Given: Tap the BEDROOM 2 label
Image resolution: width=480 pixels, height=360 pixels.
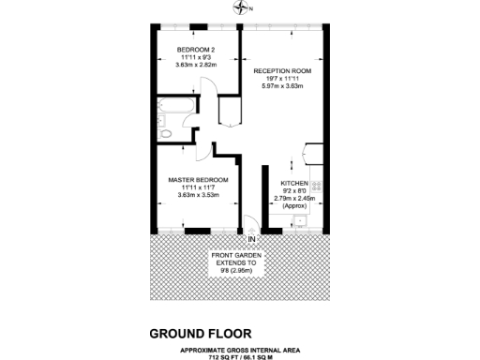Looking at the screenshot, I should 197,49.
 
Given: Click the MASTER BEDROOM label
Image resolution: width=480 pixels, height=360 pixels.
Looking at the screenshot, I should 198,179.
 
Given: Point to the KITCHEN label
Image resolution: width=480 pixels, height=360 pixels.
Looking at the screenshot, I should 295,183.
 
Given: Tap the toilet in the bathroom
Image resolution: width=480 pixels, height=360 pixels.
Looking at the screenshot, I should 166,134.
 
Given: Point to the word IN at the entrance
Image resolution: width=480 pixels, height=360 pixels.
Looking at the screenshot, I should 250,239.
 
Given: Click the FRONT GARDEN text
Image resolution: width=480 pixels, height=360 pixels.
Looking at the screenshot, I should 235,255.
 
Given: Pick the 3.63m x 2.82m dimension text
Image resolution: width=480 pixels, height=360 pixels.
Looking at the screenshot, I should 197,66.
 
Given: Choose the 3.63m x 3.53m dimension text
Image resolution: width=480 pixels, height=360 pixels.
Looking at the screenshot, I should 198,195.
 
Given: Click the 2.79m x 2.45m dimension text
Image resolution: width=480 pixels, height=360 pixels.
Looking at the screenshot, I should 295,199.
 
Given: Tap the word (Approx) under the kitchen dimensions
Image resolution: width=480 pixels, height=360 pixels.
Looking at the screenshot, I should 295,206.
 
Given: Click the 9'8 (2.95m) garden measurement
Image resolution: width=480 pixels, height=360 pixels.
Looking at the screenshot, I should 235,272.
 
